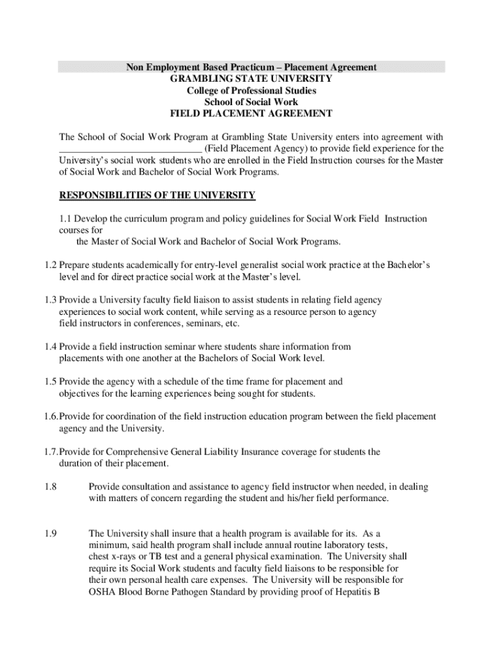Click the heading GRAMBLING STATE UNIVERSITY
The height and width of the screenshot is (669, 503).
pos(252,78)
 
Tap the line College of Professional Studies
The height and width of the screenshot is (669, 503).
pos(252,90)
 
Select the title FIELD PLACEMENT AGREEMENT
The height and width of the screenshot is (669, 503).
pos(252,113)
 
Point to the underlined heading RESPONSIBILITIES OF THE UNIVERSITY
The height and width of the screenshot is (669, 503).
pos(157,195)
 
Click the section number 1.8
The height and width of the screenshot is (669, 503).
pos(52,487)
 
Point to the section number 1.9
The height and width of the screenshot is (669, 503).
pos(52,533)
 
